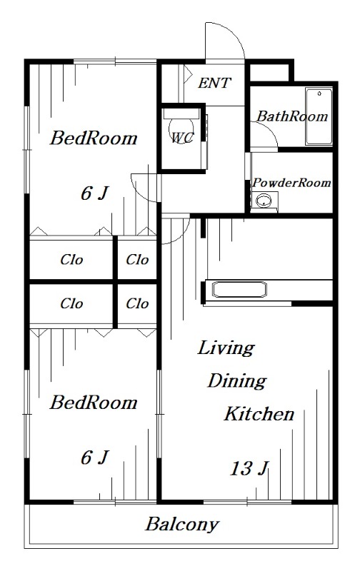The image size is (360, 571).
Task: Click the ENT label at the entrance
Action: [x=214, y=83]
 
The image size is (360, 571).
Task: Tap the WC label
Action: [x=182, y=137]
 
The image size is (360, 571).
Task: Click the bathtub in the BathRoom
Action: [x=319, y=116]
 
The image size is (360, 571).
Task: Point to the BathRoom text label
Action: [x=292, y=116]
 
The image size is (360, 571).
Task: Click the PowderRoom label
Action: [x=291, y=183]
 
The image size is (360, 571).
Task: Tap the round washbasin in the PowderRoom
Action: [x=264, y=201]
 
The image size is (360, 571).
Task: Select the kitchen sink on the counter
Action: [x=239, y=290]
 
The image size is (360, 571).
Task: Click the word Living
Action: [x=226, y=348]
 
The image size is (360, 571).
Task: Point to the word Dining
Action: [x=237, y=381]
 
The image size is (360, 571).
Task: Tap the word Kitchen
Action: [x=259, y=414]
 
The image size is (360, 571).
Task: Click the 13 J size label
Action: [x=249, y=469]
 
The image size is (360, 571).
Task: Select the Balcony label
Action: [x=182, y=525]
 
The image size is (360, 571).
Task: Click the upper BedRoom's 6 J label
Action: [x=94, y=193]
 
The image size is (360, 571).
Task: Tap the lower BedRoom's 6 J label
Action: [x=94, y=458]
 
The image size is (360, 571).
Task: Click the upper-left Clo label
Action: [x=71, y=260]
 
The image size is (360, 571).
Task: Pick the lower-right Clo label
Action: [x=137, y=303]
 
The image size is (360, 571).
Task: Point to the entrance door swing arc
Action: [x=232, y=33]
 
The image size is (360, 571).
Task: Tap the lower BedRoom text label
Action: [x=94, y=403]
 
